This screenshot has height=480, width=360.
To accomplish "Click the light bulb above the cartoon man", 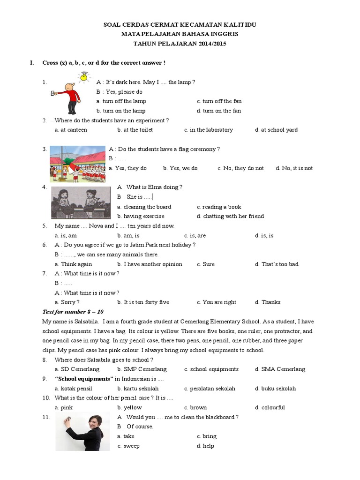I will pyautogui.click(x=84, y=76).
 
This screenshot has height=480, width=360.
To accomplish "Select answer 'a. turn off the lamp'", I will pyautogui.click(x=121, y=101).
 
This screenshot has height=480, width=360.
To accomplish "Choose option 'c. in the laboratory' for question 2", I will pyautogui.click(x=208, y=130).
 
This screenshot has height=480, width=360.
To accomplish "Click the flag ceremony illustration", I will pyautogui.click(x=77, y=164).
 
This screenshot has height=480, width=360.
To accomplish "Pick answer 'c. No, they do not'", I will pyautogui.click(x=240, y=168).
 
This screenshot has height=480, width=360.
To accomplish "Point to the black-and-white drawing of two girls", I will pyautogui.click(x=81, y=202).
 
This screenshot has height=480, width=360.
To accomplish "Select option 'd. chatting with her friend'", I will pyautogui.click(x=230, y=216).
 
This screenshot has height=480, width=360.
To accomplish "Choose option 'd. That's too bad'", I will pyautogui.click(x=277, y=264).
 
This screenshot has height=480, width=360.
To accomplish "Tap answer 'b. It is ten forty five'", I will pyautogui.click(x=143, y=302).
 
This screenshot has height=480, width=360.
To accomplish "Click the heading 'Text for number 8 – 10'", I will pyautogui.click(x=73, y=312).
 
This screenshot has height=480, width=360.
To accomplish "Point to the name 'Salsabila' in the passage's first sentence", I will pyautogui.click(x=84, y=322).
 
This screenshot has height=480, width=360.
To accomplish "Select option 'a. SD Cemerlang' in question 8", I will pyautogui.click(x=77, y=369).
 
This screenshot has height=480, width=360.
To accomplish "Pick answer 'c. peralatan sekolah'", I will pyautogui.click(x=210, y=389).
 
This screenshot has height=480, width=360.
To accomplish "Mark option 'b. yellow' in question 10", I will pyautogui.click(x=129, y=407).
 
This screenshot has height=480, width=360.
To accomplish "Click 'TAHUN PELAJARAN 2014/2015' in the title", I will pyautogui.click(x=180, y=44).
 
